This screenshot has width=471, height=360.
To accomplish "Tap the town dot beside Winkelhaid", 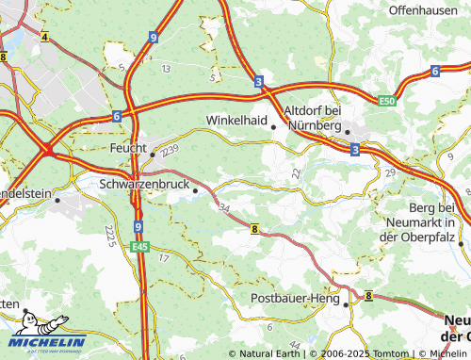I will pos(274,126).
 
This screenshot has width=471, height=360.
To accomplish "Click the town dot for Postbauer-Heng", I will pos(346,304).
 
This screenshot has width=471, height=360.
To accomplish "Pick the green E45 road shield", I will pos(139,247).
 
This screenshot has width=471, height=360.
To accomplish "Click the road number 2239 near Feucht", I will pos(170,150).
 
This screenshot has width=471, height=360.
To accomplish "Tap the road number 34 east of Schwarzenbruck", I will pos(223,206).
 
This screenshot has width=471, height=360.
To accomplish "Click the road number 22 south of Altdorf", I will pos(296,172).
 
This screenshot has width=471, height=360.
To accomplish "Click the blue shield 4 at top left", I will pos(43,36).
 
